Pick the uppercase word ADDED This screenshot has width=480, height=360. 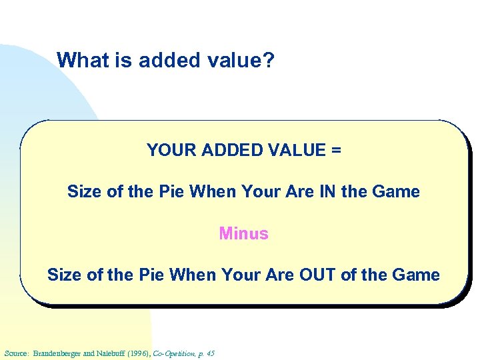[x=229, y=151]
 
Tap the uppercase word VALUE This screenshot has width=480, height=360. [x=295, y=151]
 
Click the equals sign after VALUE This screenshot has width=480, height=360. [x=335, y=151]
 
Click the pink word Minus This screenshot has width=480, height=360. [x=243, y=233]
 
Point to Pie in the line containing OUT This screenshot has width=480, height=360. [x=152, y=275]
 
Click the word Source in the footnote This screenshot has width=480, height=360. [x=16, y=353]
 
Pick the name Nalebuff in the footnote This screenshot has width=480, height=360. [x=112, y=353]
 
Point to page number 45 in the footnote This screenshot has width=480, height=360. [x=211, y=353]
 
